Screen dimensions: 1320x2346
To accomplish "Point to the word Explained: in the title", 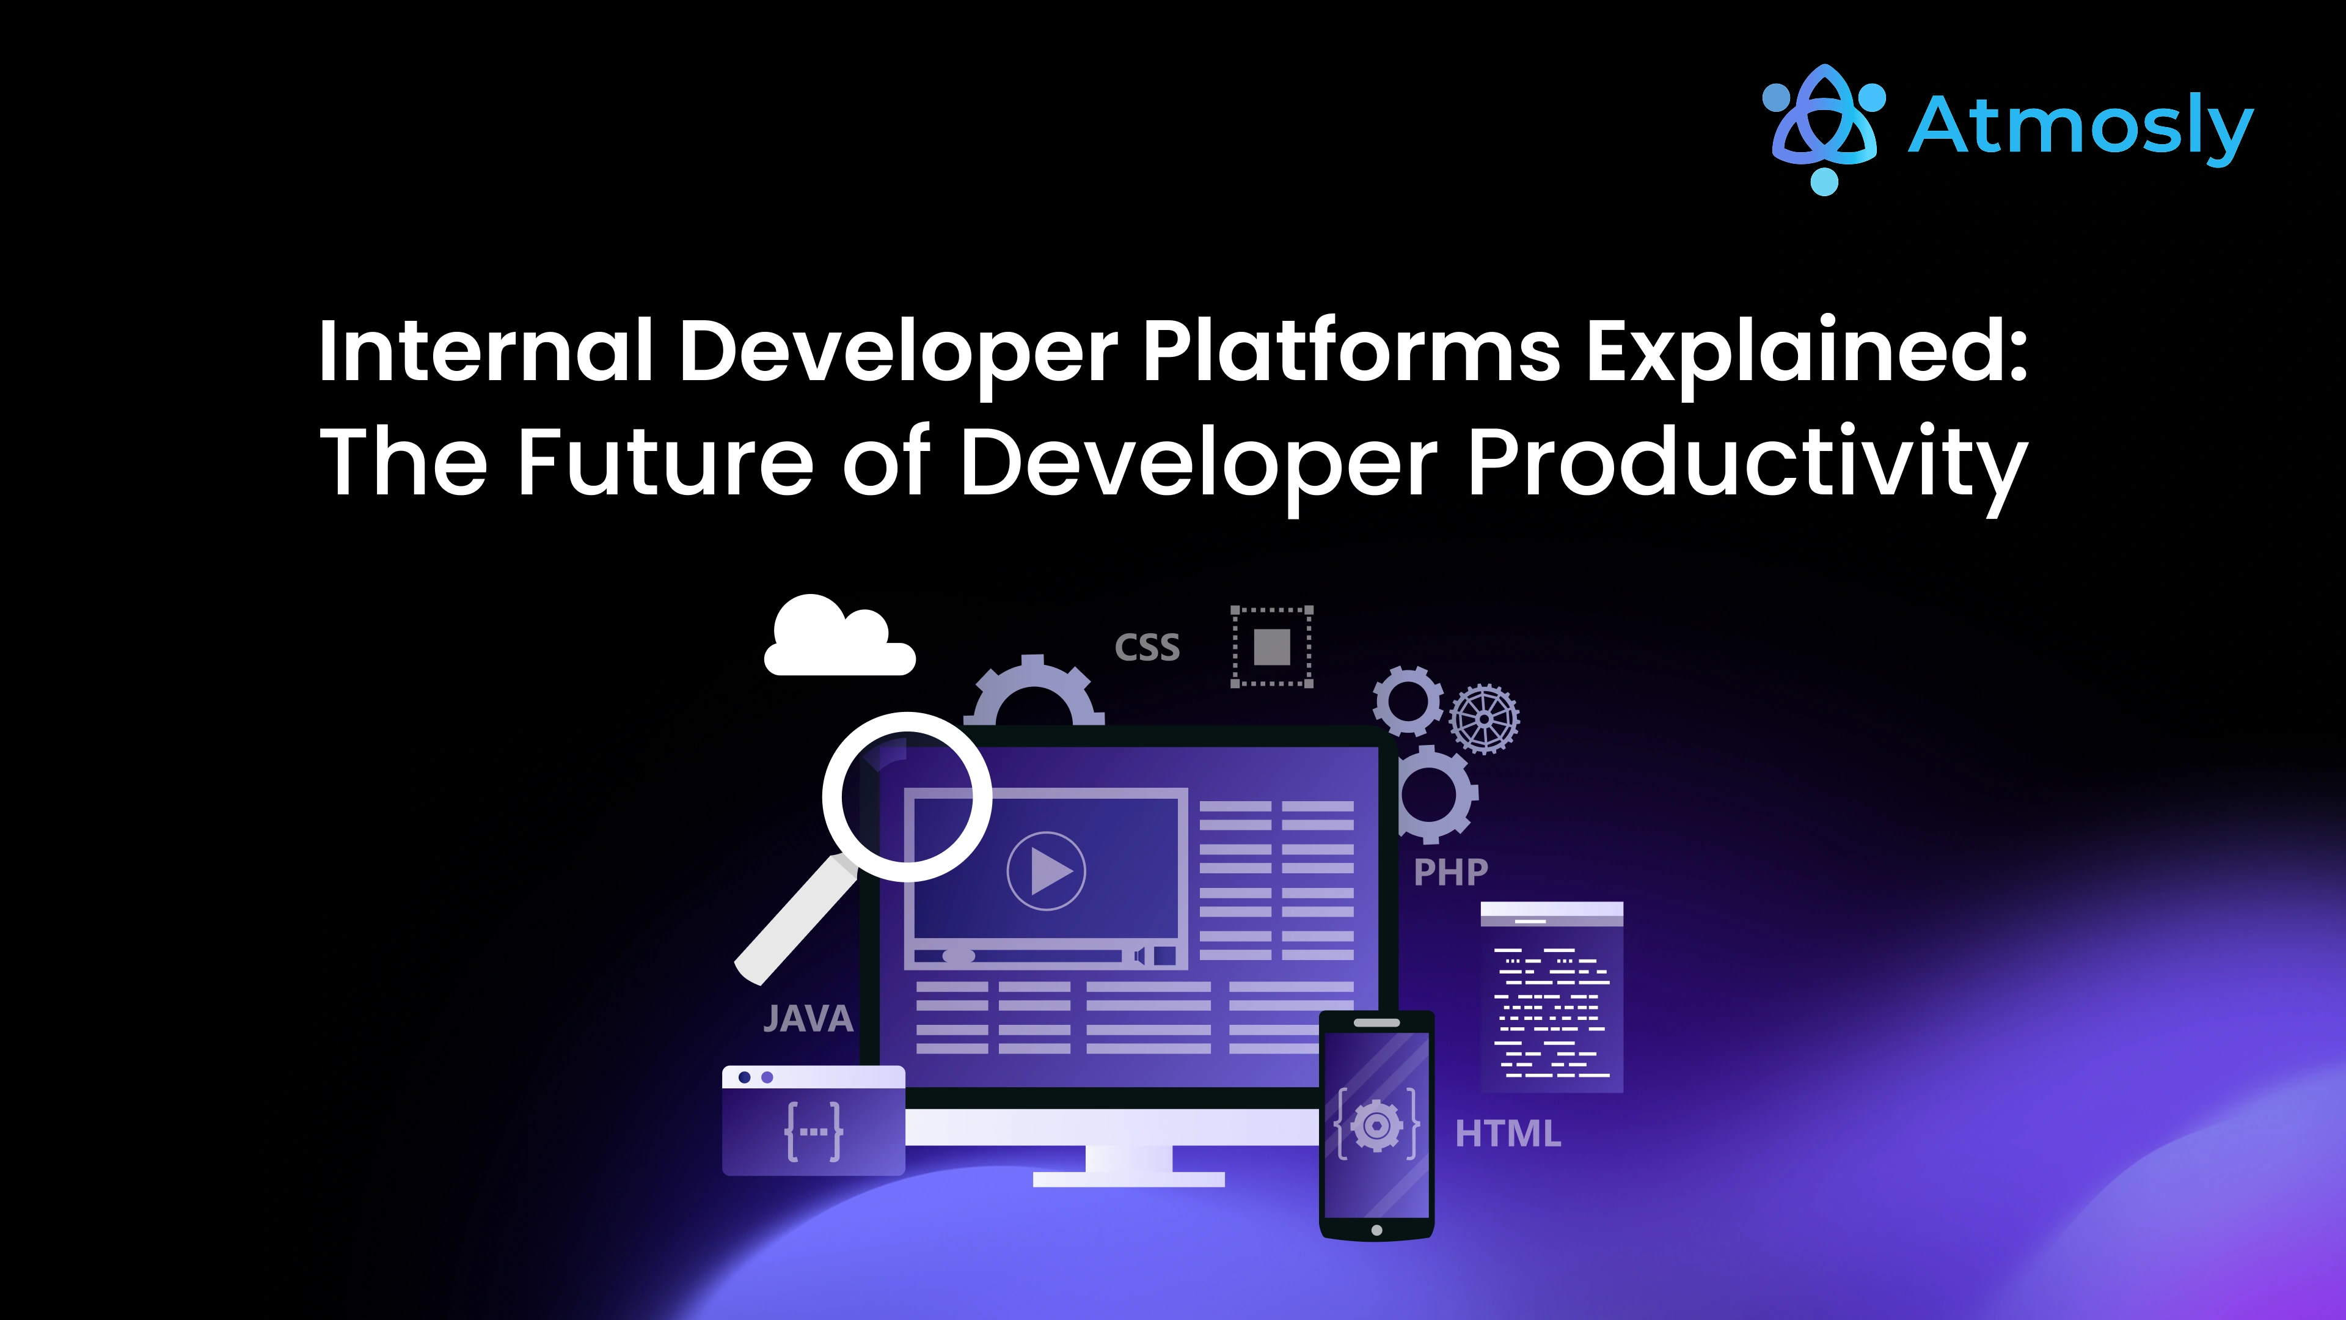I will (1807, 353).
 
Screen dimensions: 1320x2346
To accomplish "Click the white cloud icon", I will (838, 637).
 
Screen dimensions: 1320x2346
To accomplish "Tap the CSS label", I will (1147, 648).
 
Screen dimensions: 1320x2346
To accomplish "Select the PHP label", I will (1450, 873).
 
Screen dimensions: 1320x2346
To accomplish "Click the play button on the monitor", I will (1047, 871).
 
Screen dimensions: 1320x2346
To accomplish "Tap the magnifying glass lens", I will (907, 797).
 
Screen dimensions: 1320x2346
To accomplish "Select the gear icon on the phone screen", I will (1376, 1126).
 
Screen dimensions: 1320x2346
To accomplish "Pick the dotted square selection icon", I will (1271, 647).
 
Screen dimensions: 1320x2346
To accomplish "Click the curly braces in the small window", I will (813, 1131).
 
